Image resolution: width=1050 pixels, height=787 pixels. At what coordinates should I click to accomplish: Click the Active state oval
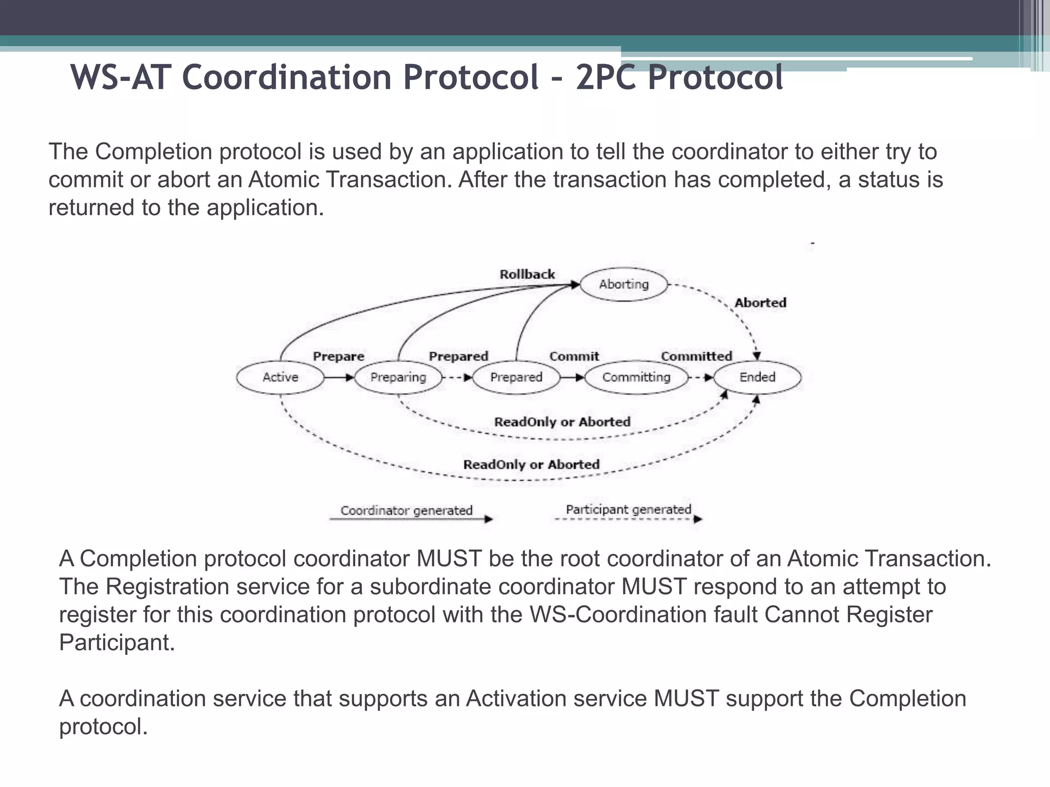point(280,378)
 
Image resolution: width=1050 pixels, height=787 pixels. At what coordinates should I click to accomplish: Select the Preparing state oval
point(398,378)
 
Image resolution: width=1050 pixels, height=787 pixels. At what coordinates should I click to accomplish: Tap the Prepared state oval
point(516,378)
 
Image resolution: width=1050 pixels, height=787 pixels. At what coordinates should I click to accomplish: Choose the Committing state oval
point(636,378)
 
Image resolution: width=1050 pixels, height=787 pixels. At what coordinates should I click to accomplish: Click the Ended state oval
point(757,378)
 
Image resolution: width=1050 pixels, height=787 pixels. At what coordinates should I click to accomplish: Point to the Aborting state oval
point(624,284)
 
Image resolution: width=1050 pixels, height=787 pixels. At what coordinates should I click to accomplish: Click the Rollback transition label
point(527,275)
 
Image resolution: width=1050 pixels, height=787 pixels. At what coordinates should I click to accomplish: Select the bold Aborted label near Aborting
point(760,303)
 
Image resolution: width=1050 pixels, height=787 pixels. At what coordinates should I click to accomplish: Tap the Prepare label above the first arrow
point(338,357)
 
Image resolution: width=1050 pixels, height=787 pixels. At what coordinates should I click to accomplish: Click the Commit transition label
point(574,357)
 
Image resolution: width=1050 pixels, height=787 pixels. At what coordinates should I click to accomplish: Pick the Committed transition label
point(696,356)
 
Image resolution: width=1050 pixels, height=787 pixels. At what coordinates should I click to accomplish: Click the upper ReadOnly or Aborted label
point(562,422)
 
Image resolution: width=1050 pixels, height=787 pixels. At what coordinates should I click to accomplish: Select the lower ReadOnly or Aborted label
point(531,465)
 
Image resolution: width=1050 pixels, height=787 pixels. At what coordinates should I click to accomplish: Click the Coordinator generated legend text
point(406,511)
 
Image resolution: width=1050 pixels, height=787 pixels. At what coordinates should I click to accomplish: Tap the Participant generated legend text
point(628,510)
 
